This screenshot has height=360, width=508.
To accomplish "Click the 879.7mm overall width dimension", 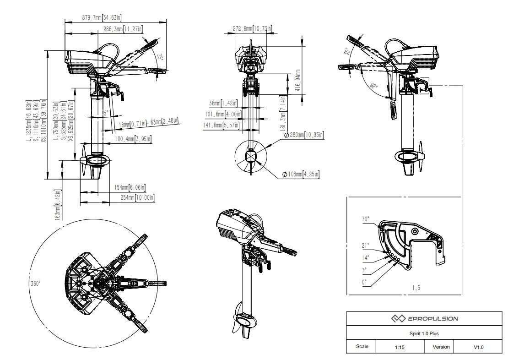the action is tap(102, 17).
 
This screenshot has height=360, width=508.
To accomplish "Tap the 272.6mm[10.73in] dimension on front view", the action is tap(252, 29).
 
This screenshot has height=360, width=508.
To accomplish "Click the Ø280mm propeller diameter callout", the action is tap(304, 135).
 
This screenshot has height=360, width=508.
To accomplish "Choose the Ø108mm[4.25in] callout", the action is tap(300, 174).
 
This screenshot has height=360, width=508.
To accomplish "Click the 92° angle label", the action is tap(374, 86).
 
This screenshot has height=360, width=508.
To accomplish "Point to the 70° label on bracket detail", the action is tap(366, 219).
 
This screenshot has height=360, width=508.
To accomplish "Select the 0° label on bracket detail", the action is tap(365, 283).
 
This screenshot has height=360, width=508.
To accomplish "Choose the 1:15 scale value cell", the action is tap(399, 347).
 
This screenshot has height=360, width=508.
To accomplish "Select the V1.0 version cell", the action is tap(478, 347).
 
